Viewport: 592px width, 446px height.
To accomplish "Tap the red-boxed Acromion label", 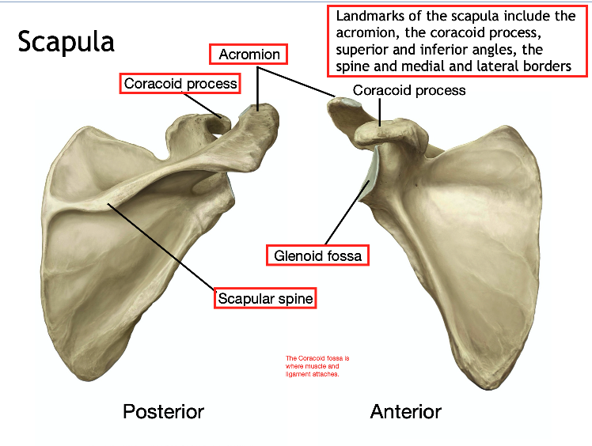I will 249,55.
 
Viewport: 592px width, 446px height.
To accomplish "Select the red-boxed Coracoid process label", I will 180,83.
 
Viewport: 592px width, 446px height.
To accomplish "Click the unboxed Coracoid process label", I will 409,90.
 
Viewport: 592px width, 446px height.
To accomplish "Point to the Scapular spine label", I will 266,298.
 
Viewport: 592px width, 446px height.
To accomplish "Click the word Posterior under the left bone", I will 163,411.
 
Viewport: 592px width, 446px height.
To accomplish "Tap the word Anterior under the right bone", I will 406,411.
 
